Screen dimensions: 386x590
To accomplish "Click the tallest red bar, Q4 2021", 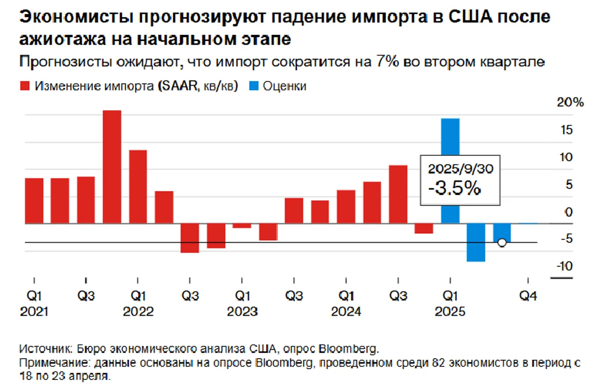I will [112, 167].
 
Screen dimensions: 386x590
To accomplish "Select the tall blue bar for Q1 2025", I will [450, 171].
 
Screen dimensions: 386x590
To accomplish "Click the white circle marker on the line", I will [502, 243].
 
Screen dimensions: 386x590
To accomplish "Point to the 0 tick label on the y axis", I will [569, 212].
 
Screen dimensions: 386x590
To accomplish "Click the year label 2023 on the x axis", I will [242, 312].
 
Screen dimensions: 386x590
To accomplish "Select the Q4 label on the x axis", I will [528, 296].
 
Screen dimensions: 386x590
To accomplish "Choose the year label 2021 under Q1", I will [34, 312].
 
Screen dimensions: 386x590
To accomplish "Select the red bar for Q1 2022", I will [138, 187].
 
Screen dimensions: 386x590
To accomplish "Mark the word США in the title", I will [477, 18].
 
